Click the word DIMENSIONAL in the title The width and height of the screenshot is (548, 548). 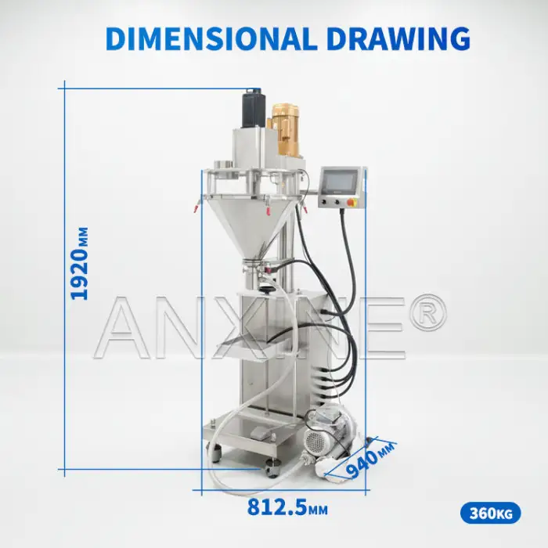(x=211, y=38)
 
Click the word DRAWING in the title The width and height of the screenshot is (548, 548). (x=399, y=38)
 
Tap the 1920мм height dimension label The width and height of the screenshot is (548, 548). (x=80, y=263)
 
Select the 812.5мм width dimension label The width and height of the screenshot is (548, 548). (x=287, y=507)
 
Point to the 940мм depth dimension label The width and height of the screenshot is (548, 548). (x=370, y=460)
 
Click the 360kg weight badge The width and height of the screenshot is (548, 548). (x=490, y=514)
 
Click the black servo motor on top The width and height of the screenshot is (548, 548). (x=254, y=108)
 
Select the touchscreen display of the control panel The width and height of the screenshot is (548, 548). (x=340, y=181)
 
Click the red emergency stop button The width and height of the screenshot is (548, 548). (x=352, y=202)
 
